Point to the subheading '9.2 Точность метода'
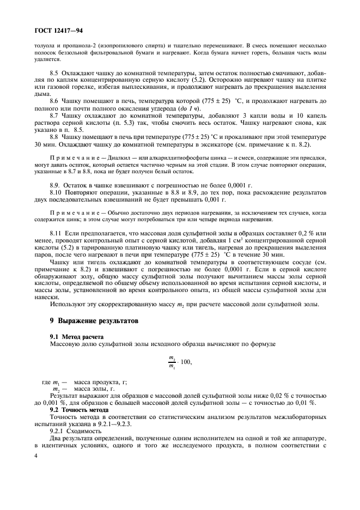81,409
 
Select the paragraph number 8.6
55,101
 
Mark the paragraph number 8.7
55,116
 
